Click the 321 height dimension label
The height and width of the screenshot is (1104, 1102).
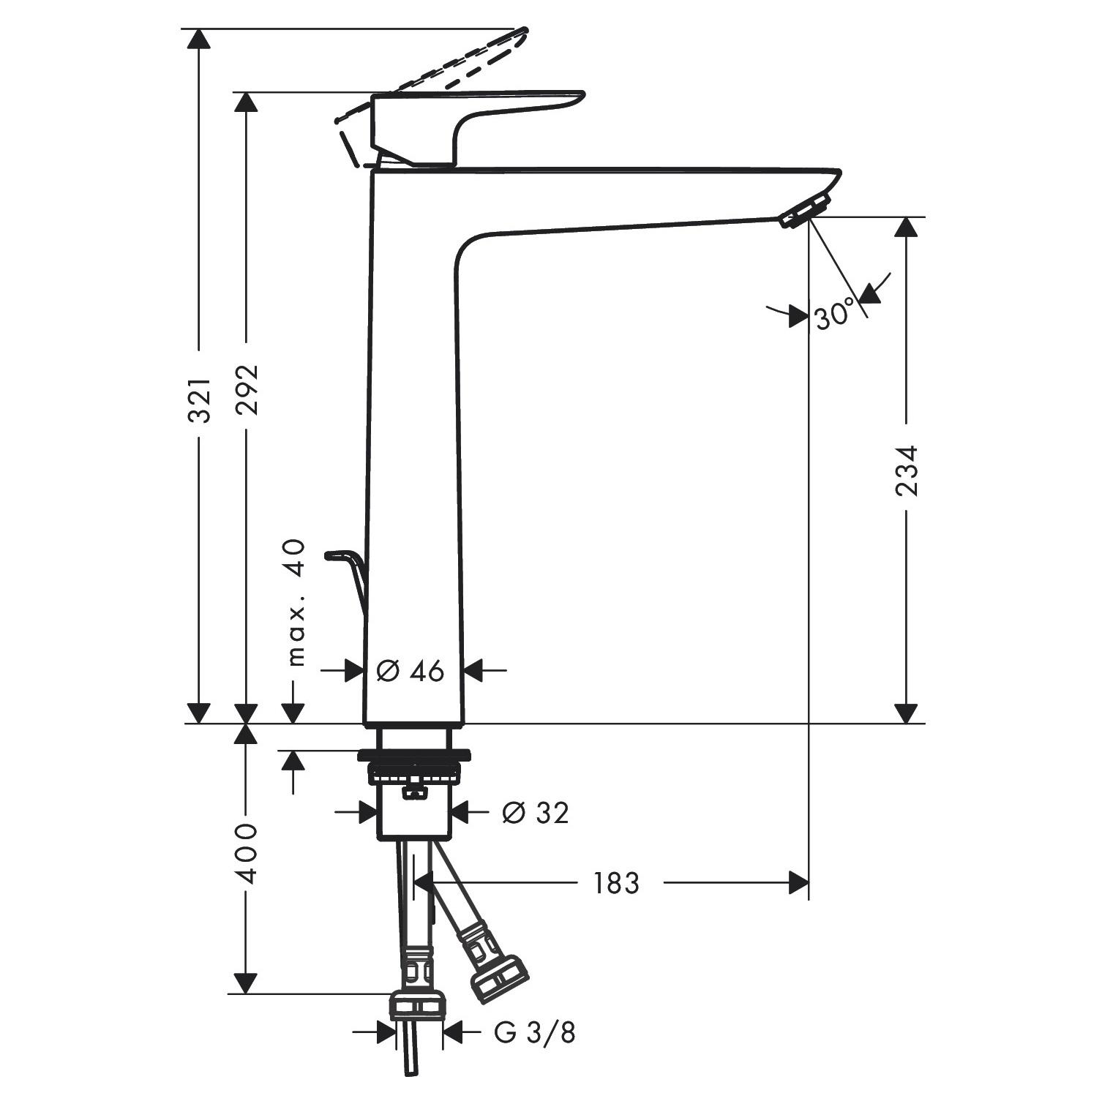[199, 400]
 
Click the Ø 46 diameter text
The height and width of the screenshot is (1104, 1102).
[411, 670]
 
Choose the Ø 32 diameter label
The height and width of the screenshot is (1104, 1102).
[535, 812]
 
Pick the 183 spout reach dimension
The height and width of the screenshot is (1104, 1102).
[615, 883]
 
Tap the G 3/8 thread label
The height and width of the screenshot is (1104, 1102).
[535, 1032]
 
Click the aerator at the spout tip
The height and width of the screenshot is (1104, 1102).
[805, 211]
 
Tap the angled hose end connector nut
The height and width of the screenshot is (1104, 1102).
[500, 977]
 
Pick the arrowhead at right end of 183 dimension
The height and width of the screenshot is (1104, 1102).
[799, 883]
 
